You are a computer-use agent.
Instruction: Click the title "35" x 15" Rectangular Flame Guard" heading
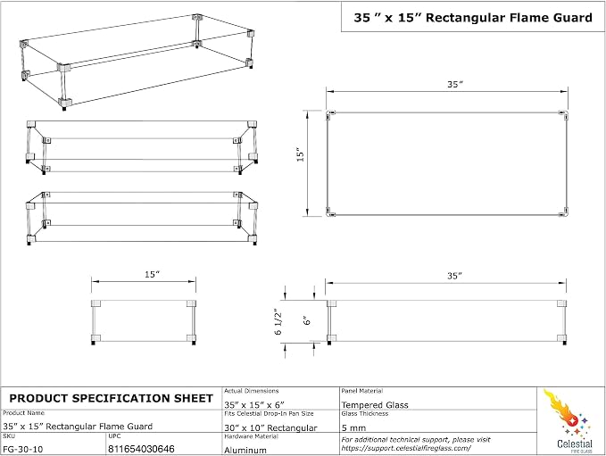(x=473, y=18)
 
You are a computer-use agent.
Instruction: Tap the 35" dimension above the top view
(x=455, y=84)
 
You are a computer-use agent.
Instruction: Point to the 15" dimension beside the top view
(x=301, y=154)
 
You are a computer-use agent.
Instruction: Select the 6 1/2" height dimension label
(x=278, y=321)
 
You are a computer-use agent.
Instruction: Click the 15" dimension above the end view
(x=153, y=274)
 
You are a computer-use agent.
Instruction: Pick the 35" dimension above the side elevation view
(x=455, y=276)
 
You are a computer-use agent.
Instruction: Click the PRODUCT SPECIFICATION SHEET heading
(x=111, y=398)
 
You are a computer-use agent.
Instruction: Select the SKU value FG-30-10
(x=23, y=449)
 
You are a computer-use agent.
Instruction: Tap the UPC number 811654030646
(x=141, y=449)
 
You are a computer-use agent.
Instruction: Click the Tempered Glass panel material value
(x=375, y=405)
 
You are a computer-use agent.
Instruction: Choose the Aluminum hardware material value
(x=245, y=451)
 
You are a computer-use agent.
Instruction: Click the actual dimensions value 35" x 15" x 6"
(x=254, y=404)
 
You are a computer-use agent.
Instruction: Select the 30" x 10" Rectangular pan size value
(x=270, y=427)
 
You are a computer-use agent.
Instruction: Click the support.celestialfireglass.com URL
(x=406, y=448)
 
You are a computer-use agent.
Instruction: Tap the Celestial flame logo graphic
(x=569, y=413)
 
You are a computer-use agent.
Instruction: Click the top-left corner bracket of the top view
(x=330, y=114)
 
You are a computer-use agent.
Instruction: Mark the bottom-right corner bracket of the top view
(x=564, y=212)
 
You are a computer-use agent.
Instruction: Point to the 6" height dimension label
(x=307, y=320)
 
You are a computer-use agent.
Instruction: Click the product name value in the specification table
(x=78, y=427)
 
